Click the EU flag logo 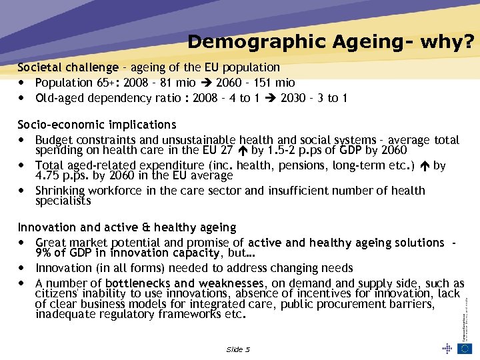click(465, 349)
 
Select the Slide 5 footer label click(238, 349)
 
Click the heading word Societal click(37, 67)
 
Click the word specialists click(63, 201)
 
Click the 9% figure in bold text click(45, 253)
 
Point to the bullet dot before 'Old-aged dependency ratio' click(23, 98)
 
